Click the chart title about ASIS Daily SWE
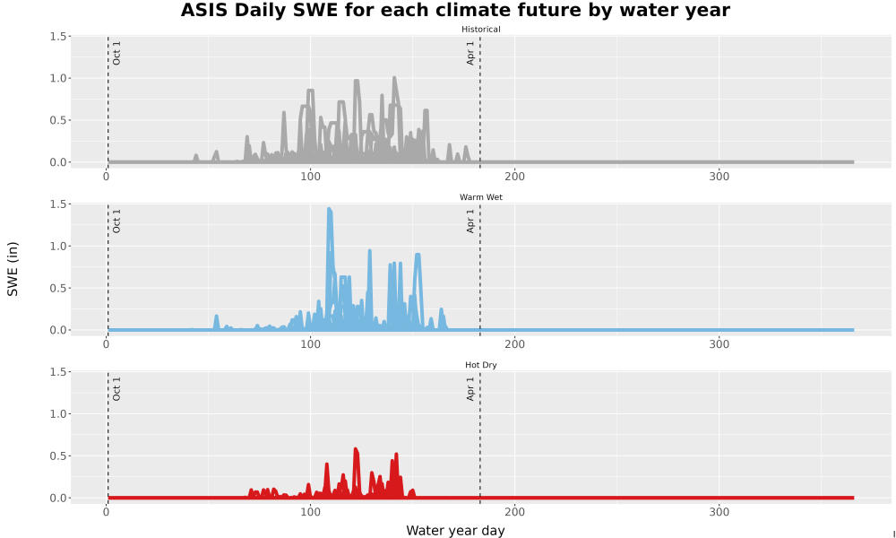tap(455, 10)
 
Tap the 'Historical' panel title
tap(480, 30)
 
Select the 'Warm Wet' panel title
tap(480, 197)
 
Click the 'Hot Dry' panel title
tap(480, 365)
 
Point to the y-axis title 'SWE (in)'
tap(13, 269)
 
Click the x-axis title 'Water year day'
tap(455, 531)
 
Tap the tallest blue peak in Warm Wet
tap(329, 209)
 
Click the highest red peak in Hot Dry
tap(356, 450)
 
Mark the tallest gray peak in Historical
tap(395, 78)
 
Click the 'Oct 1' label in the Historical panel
tap(116, 53)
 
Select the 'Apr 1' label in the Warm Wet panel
tap(470, 221)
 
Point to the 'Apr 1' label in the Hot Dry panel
tap(470, 388)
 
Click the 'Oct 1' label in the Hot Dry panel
tap(116, 388)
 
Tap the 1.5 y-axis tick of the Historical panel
tap(57, 36)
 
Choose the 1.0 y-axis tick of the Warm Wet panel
tap(57, 246)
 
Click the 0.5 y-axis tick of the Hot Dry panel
tap(57, 456)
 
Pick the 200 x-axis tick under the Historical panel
tap(515, 177)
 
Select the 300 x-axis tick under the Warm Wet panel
tap(719, 344)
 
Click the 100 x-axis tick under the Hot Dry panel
tap(310, 512)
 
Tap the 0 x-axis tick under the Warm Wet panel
tap(107, 344)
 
